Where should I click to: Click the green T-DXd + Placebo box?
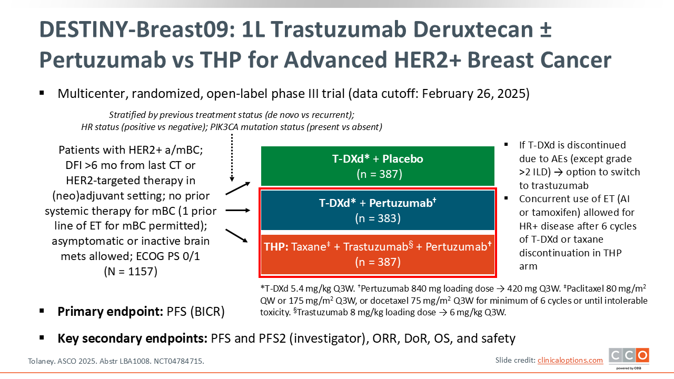pos(378,166)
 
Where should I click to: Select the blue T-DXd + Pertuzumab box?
pos(378,210)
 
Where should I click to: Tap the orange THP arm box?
pos(378,254)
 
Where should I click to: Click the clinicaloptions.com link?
pos(570,360)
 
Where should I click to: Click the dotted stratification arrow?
pos(232,158)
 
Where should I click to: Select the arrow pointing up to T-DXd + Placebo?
pos(238,188)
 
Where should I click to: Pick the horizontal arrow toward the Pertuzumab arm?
pos(237,210)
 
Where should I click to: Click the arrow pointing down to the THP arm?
pos(237,236)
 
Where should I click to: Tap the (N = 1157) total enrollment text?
pos(131,271)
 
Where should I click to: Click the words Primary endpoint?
pos(110,312)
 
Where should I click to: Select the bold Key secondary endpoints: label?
pos(132,338)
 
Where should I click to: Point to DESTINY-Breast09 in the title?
pos(137,29)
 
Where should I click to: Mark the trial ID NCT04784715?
pos(179,361)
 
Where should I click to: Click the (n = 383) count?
pos(378,218)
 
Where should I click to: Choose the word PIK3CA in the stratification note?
pos(224,127)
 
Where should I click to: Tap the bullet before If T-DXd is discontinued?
pos(506,145)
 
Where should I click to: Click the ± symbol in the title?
pos(546,30)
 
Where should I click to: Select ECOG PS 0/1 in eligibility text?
pos(168,256)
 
